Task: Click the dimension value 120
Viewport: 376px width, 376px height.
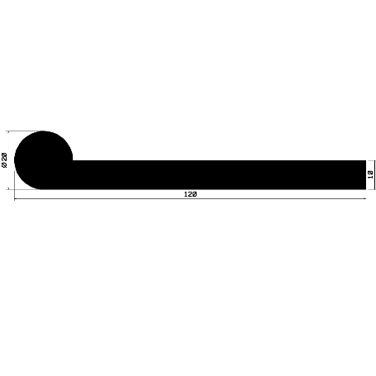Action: pyautogui.click(x=190, y=194)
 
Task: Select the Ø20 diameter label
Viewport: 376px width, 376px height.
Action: pyautogui.click(x=6, y=159)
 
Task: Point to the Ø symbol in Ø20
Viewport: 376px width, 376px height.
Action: pyautogui.click(x=6, y=166)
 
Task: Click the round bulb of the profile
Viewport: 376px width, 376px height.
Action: pyautogui.click(x=44, y=159)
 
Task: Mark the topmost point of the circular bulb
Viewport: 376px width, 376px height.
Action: pyautogui.click(x=44, y=131)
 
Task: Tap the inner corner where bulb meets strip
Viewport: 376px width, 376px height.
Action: pyautogui.click(x=73, y=160)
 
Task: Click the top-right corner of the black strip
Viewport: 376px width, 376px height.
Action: pyautogui.click(x=364, y=160)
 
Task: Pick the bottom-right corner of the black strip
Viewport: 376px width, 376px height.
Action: pyautogui.click(x=364, y=188)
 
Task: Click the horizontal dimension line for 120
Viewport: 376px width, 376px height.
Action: pyautogui.click(x=248, y=199)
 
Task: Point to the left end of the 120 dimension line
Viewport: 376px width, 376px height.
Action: pyautogui.click(x=15, y=199)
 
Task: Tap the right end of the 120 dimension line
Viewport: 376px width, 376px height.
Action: pyautogui.click(x=364, y=199)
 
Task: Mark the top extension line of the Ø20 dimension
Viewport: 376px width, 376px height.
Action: pyautogui.click(x=25, y=131)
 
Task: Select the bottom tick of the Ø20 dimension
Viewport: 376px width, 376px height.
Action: pyautogui.click(x=11, y=188)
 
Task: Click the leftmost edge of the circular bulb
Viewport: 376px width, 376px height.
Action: pyautogui.click(x=15, y=159)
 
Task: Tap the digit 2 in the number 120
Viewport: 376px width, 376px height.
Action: pyautogui.click(x=190, y=194)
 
